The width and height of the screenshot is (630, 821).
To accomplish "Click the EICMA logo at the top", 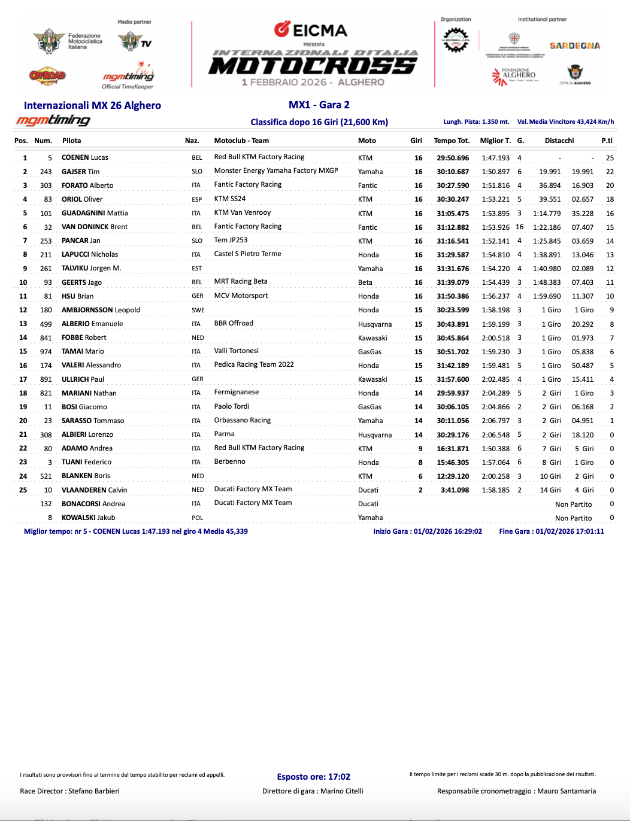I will [311, 30].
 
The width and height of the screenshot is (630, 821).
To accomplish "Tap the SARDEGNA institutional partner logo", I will [574, 45].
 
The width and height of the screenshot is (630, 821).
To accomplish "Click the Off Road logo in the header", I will [47, 75].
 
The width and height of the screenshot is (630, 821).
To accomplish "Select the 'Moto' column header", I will [367, 141].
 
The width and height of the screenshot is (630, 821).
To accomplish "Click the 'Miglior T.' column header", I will [495, 141].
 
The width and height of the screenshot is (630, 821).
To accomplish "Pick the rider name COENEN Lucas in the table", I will [85, 157].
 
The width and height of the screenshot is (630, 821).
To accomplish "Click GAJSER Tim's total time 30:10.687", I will [453, 172].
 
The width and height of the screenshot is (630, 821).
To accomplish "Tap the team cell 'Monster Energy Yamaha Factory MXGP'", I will [276, 171].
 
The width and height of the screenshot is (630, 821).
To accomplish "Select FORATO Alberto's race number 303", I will [46, 186].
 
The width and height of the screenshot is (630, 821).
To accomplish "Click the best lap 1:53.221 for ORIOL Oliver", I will [495, 199].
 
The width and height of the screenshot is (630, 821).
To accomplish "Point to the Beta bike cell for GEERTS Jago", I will [365, 282].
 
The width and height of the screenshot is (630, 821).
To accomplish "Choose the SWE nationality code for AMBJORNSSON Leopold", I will [198, 311].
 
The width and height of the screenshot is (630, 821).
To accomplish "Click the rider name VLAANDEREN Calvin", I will [94, 490].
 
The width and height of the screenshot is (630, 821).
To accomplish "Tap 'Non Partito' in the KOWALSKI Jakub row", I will [573, 518].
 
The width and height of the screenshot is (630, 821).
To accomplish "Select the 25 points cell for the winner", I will [610, 158].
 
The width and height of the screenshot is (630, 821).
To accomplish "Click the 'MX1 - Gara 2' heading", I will [319, 105].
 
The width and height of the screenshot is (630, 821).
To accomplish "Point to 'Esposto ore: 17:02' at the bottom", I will [313, 777].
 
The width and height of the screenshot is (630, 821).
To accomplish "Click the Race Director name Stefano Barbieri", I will [94, 791].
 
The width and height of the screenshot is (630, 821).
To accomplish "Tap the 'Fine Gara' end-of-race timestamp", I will [551, 531].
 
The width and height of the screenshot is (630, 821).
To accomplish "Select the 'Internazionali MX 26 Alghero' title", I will [92, 105].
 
